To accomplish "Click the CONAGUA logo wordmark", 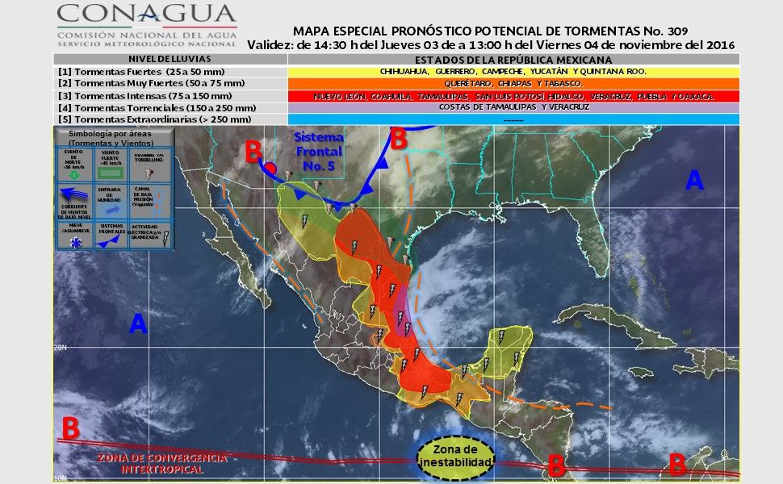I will point(146,14).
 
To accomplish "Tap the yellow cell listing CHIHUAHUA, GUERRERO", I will point(513,71).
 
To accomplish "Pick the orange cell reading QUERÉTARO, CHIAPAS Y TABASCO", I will point(513,83).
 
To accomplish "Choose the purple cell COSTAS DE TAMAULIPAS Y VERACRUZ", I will point(513,107).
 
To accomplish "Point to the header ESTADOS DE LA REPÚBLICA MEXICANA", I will point(513,60).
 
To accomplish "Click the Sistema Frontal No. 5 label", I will point(318,150).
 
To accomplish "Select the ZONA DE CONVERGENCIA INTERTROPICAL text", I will point(161,463).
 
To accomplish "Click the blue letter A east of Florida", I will point(693,181).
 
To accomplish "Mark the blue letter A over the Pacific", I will point(138,324).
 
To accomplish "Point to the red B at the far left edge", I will point(70,428).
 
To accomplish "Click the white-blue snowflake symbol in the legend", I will point(75,243).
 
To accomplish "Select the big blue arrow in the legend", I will point(76,193).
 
